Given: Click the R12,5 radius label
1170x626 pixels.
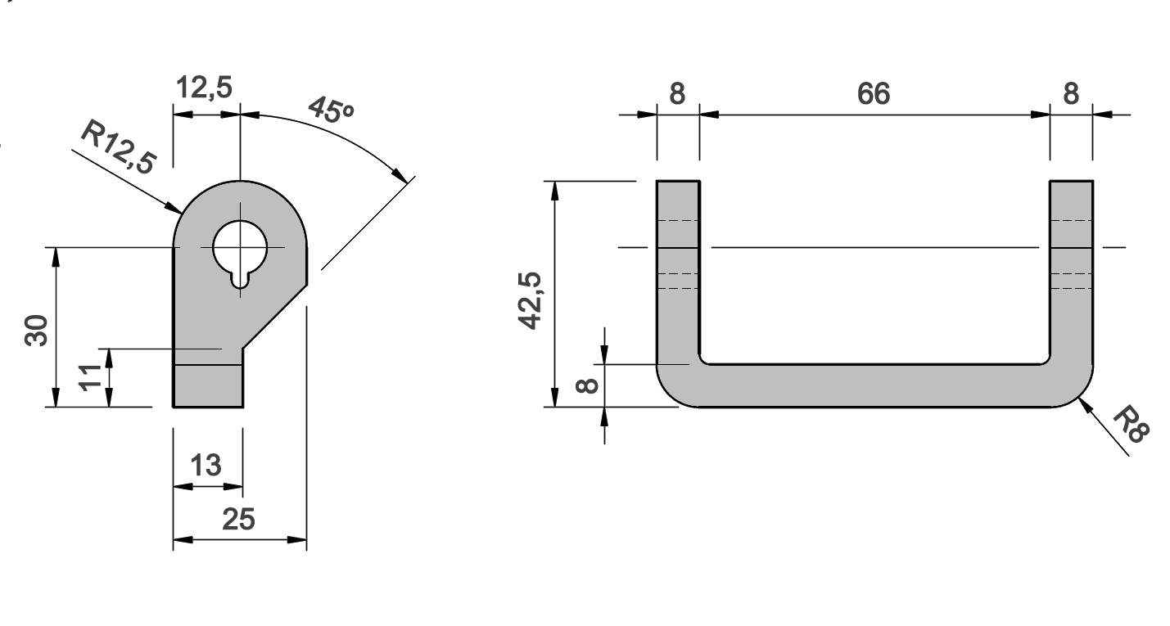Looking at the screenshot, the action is click(118, 146).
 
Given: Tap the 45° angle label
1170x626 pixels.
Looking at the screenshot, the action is click(331, 110).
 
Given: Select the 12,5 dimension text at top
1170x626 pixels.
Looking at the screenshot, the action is click(204, 88).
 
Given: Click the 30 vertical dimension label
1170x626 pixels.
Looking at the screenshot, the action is click(37, 330).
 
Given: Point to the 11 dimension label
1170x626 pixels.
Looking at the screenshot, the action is click(90, 377).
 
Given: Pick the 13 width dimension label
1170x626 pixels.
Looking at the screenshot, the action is click(206, 465).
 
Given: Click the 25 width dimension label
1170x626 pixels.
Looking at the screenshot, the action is click(239, 520).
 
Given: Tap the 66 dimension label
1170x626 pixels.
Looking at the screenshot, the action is click(874, 94).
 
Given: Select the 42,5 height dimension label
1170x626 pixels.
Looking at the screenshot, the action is click(531, 301).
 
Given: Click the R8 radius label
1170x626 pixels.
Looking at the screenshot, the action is click(1132, 425).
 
